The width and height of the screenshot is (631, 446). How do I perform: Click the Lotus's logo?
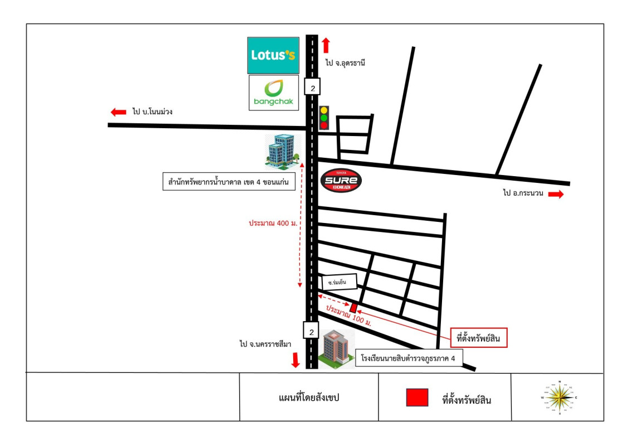(273, 55)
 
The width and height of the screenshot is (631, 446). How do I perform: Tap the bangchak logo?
(274, 93)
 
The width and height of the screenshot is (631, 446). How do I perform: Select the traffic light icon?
(324, 118)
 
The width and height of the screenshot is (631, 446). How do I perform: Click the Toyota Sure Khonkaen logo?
(341, 181)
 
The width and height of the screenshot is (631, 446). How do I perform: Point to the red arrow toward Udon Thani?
(326, 45)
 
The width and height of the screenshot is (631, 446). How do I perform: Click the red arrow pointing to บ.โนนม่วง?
(118, 112)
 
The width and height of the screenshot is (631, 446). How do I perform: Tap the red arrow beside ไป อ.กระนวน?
(556, 195)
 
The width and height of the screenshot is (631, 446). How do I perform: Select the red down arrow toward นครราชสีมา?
(296, 360)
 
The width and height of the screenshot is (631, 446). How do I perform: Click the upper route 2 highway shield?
(312, 86)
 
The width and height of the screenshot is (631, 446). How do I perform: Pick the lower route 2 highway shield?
(311, 331)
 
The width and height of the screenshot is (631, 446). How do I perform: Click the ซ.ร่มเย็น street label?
(339, 282)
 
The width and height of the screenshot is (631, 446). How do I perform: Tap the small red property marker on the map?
(353, 308)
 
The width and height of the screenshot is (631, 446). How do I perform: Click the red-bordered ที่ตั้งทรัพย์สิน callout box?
(478, 338)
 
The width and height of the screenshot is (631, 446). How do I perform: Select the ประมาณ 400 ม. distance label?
(273, 223)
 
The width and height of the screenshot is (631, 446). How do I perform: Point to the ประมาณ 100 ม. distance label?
(348, 315)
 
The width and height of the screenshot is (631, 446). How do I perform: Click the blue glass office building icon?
(283, 151)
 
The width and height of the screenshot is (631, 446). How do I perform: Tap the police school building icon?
(337, 348)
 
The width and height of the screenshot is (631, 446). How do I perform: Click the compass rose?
(559, 397)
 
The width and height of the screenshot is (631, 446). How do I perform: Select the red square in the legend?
(417, 397)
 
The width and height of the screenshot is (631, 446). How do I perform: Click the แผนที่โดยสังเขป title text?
(309, 397)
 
